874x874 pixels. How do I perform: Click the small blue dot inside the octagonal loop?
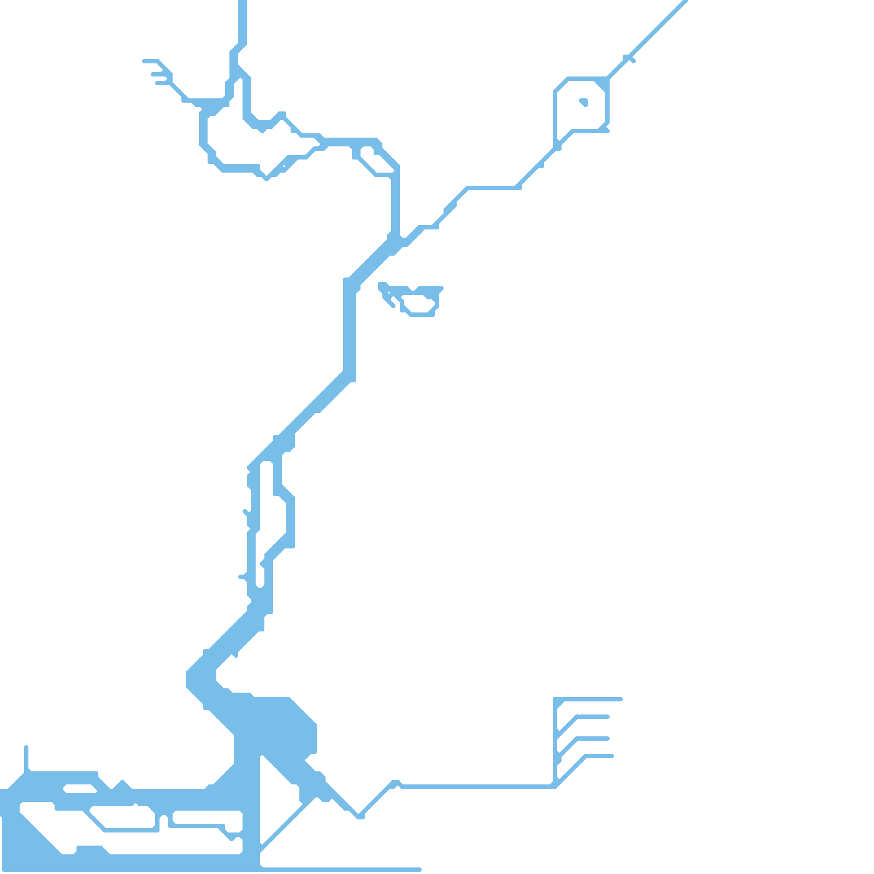pos(583,102)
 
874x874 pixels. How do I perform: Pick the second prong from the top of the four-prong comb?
pos(593,717)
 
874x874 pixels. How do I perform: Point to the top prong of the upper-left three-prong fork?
pos(150,61)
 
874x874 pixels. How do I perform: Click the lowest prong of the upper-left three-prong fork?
pos(161,83)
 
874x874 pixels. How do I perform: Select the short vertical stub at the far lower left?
pos(26,757)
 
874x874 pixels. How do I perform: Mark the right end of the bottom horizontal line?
pos(420,869)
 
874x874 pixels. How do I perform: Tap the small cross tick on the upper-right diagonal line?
pos(629,58)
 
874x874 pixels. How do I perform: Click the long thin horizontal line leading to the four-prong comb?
pos(475,787)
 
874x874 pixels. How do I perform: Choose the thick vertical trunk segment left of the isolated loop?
pos(350,328)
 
